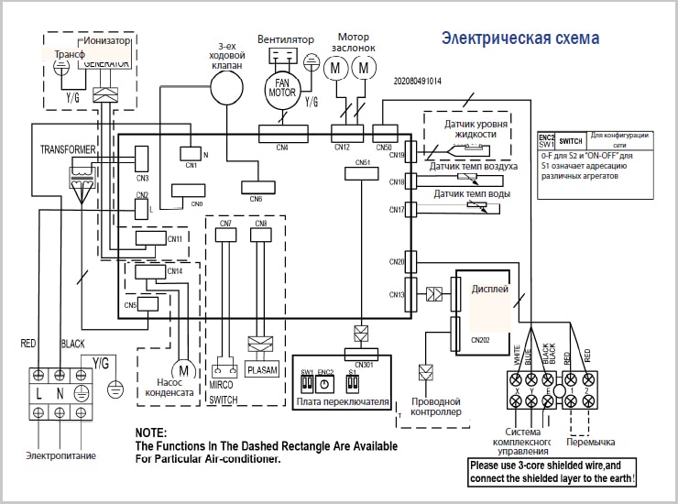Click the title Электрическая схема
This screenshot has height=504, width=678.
point(520,38)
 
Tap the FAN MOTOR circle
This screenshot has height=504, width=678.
point(283,88)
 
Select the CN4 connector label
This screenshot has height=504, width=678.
point(281,147)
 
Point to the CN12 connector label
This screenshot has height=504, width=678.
point(342,147)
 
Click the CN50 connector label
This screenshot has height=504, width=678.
point(384,147)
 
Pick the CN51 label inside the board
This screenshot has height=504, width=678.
point(364,162)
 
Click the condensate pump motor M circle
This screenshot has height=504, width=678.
point(183,370)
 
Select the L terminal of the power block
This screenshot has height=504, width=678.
point(39,392)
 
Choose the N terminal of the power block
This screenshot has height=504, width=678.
point(60,392)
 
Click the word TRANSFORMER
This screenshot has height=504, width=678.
point(68,148)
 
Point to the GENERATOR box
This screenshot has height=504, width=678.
point(106,63)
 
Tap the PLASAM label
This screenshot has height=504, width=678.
point(262,369)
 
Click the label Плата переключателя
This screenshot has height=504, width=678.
point(343,401)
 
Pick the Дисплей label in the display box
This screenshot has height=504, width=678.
point(489,288)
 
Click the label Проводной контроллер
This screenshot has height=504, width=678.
point(435,406)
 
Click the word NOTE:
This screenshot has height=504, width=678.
point(150,433)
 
